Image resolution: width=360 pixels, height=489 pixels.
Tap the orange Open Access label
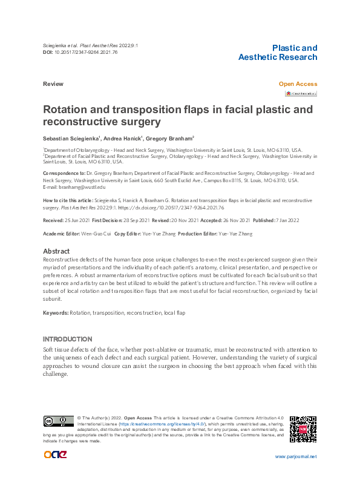[x=297, y=84]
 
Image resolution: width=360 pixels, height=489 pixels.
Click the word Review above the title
[x=53, y=84]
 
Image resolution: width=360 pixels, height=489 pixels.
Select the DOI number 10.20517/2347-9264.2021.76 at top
[x=85, y=53]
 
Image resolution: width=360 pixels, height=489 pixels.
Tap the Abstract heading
[x=56, y=251]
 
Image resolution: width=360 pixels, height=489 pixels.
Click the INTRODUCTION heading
[x=67, y=339]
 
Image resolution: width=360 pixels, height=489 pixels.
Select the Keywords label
[x=55, y=312]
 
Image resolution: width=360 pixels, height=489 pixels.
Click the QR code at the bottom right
[x=303, y=429]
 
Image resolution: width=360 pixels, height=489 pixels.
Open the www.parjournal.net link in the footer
[x=295, y=457]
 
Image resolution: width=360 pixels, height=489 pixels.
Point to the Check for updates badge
[x=301, y=94]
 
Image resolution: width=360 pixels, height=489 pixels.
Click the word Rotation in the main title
[x=67, y=110]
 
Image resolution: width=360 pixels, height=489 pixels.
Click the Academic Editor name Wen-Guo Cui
[x=95, y=234]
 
